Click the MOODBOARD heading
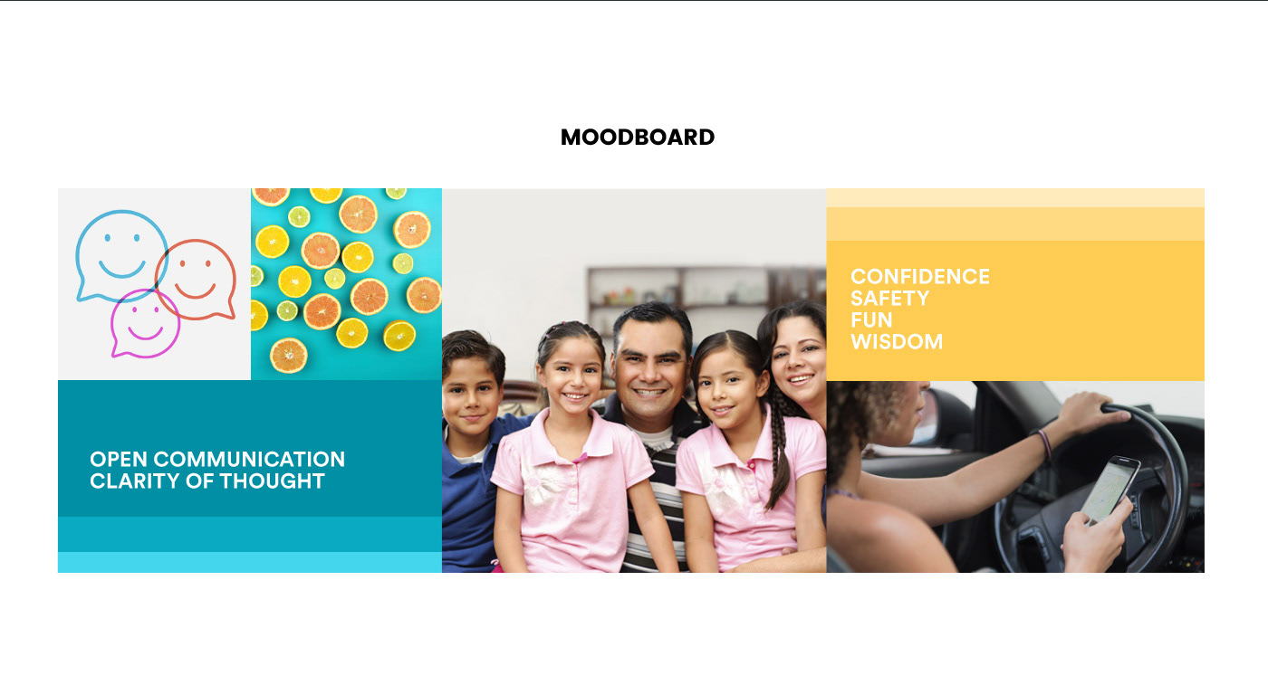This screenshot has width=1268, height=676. (638, 138)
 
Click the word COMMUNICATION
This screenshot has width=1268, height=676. (249, 460)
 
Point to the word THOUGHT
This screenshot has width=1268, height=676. (272, 481)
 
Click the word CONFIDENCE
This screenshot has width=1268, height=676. (920, 277)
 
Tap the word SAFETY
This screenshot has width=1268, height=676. (889, 298)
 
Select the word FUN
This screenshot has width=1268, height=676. (871, 320)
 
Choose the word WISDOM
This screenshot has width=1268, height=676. (897, 342)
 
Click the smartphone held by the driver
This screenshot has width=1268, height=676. (1110, 490)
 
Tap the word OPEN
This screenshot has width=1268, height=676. (119, 460)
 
